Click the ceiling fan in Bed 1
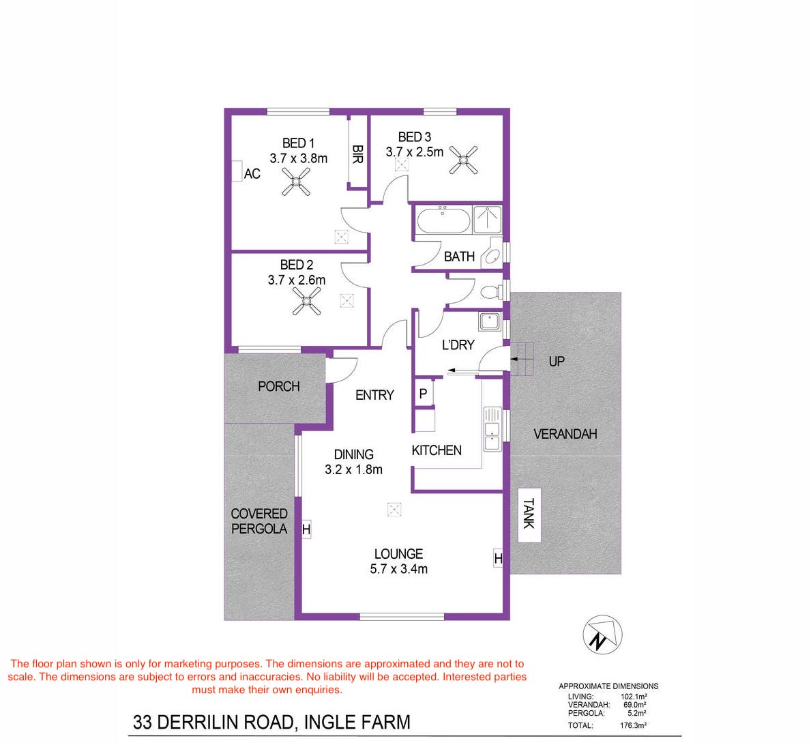pos(296,181)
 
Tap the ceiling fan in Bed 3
pos(463,160)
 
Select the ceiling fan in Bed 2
pos(307,301)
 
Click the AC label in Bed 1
pos(252,174)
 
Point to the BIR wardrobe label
pos(357,154)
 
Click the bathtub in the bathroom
pos(443,220)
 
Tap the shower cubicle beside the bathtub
pos(487,220)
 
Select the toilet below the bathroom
pos(491,292)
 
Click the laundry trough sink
pos(489,321)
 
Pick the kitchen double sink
pos(492,429)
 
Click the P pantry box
pos(423,394)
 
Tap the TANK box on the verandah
pos(529,514)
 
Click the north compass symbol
pos(602,635)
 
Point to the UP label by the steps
pos(557,361)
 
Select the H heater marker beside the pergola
pos(306,530)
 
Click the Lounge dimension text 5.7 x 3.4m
pos(399,569)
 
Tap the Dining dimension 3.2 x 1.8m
pos(354,470)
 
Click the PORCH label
pos(279,386)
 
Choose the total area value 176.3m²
pos(633,725)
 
